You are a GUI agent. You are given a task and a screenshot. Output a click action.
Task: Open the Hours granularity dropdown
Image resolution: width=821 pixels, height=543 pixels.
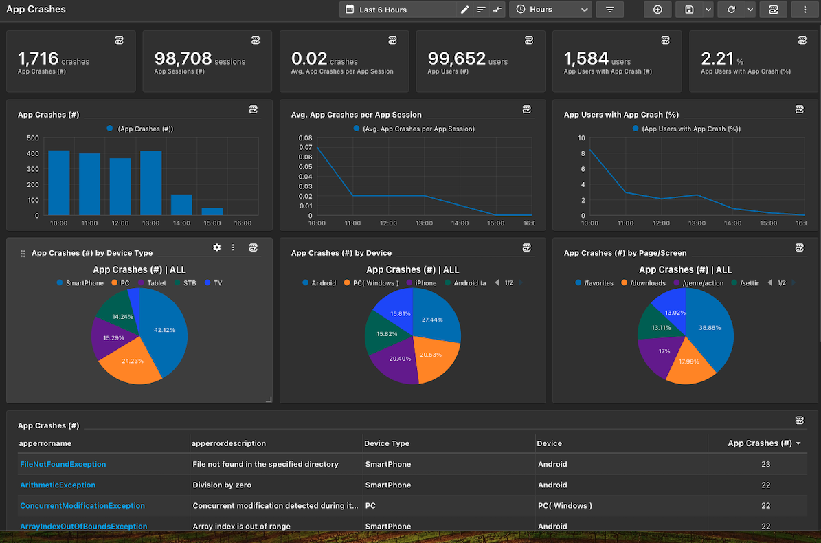tap(550, 10)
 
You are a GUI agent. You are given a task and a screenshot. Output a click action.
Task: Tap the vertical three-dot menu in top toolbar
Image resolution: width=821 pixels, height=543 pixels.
tap(805, 10)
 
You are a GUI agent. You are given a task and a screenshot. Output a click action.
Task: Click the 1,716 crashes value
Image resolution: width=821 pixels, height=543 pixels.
tap(38, 59)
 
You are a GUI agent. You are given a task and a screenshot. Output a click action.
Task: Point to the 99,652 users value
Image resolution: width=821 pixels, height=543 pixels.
tap(457, 59)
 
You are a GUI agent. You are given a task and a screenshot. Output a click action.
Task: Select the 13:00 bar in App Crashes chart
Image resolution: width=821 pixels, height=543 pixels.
tap(151, 183)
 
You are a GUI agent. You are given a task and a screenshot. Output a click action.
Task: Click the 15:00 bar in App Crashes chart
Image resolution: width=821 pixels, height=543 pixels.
tap(212, 212)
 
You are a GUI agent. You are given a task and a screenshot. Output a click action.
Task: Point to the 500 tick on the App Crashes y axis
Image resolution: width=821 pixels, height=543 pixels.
tap(32, 138)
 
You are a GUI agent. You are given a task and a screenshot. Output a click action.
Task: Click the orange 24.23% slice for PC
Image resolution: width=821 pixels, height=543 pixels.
tap(131, 362)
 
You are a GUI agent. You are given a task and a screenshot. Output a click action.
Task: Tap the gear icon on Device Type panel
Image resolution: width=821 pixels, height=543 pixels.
tap(217, 247)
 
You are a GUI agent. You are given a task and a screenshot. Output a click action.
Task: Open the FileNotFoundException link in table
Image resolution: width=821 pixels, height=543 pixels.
tap(63, 465)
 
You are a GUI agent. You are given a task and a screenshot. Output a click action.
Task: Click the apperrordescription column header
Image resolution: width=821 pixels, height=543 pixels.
tap(229, 444)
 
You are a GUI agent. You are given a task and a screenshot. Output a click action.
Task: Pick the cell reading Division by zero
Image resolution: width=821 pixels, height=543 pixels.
tap(222, 485)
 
